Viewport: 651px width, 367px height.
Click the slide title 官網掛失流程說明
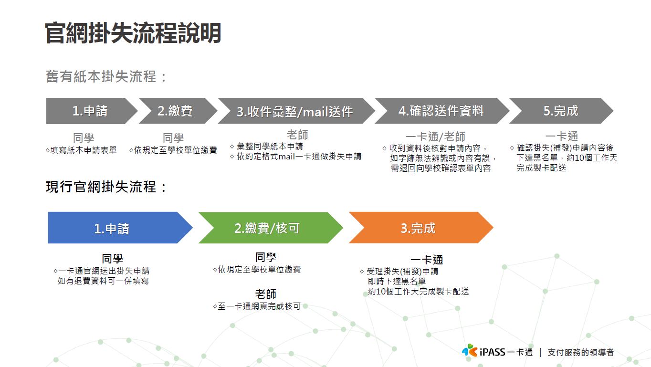click(x=133, y=33)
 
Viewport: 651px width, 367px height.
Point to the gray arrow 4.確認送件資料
click(x=441, y=111)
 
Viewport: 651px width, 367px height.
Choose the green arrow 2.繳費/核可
click(x=267, y=228)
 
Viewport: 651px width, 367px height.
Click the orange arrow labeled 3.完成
click(x=418, y=228)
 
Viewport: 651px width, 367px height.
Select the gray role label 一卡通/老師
click(x=435, y=137)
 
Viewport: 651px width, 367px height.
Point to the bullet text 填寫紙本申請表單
click(x=84, y=150)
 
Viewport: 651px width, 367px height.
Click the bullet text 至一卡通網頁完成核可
click(x=259, y=306)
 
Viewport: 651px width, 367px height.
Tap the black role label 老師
click(x=265, y=294)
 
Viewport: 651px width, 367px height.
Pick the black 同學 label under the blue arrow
click(x=112, y=259)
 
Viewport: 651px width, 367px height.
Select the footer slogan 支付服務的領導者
click(x=580, y=353)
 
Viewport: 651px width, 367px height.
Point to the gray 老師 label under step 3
click(x=297, y=135)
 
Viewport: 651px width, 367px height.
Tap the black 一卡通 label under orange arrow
click(x=427, y=260)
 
